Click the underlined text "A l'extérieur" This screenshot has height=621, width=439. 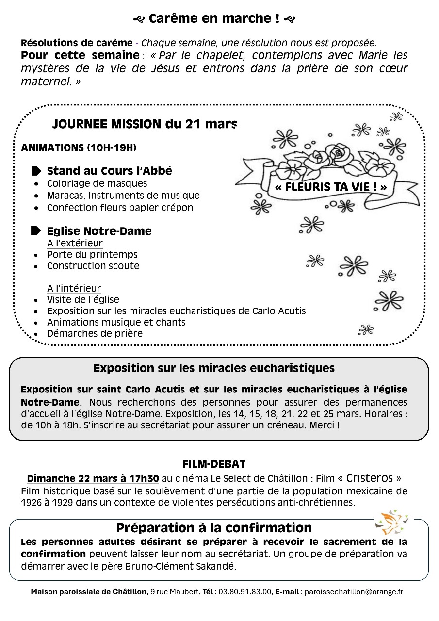(x=75, y=243)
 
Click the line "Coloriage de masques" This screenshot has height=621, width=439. (x=97, y=184)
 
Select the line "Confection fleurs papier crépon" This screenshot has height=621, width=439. (x=120, y=208)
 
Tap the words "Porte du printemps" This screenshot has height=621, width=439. (x=92, y=255)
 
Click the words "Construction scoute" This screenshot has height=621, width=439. (x=93, y=266)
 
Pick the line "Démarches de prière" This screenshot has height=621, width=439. (x=95, y=334)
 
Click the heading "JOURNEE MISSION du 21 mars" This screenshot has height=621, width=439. (x=145, y=124)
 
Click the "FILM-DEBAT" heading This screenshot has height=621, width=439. (x=214, y=464)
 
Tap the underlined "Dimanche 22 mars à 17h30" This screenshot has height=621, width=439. (x=93, y=478)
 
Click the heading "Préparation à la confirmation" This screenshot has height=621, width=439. (x=214, y=527)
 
